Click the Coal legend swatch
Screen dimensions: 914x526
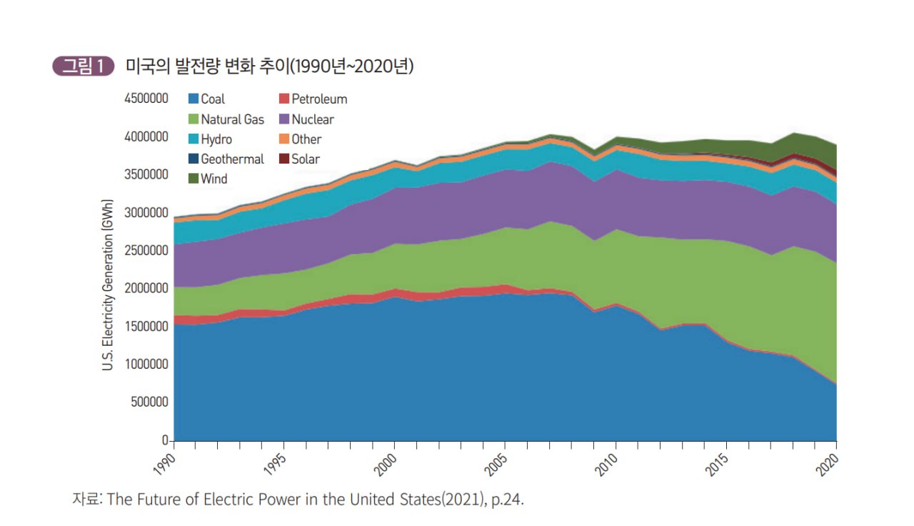click(x=194, y=99)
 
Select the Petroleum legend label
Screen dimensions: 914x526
click(x=319, y=99)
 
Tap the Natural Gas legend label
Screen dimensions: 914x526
click(x=233, y=119)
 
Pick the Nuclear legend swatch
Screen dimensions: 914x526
click(x=284, y=119)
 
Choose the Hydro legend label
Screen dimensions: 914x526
click(x=216, y=139)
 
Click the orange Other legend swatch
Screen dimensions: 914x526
click(x=284, y=139)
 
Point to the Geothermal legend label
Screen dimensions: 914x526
click(x=233, y=159)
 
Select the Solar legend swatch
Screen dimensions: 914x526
click(x=284, y=159)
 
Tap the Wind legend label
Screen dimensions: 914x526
click(x=214, y=179)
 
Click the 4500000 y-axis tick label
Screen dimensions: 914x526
click(x=146, y=99)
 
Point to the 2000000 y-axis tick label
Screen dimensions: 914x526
click(x=146, y=288)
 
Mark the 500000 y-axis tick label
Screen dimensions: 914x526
click(x=150, y=402)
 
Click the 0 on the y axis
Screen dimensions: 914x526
click(x=165, y=440)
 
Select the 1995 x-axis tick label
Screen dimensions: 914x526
click(x=276, y=465)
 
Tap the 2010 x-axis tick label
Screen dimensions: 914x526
click(x=607, y=465)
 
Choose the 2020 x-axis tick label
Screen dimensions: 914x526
click(x=828, y=465)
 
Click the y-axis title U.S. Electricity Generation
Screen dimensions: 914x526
click(x=107, y=285)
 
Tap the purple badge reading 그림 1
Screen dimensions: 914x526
click(x=84, y=66)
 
